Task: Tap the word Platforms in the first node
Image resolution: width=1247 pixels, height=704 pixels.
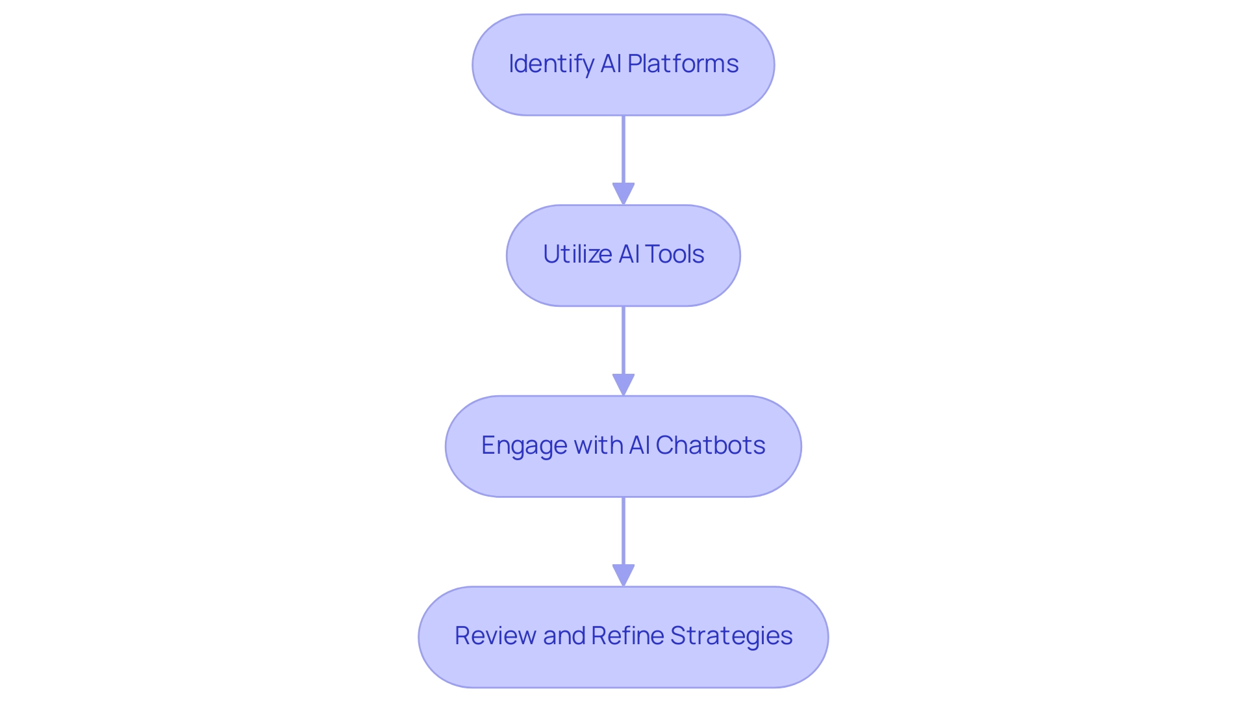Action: [x=683, y=64]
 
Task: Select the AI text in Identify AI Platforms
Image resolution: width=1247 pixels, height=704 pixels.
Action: [x=611, y=64]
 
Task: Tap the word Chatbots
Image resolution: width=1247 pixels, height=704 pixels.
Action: [x=710, y=445]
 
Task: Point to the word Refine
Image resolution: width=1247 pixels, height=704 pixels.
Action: [x=627, y=636]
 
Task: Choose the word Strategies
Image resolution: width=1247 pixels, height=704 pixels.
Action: [x=731, y=636]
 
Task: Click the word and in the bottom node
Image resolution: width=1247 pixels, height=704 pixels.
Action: [x=564, y=636]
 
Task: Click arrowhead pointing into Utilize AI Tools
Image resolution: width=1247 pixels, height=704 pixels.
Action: [x=623, y=194]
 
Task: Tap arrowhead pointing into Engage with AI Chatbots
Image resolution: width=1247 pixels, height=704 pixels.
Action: [x=623, y=384]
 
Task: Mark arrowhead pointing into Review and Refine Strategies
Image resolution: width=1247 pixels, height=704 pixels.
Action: [x=623, y=575]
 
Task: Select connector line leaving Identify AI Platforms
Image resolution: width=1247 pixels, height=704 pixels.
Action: [x=623, y=150]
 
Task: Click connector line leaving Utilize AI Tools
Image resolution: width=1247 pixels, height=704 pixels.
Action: [x=623, y=339]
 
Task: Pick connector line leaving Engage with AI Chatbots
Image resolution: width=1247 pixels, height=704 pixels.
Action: [x=623, y=530]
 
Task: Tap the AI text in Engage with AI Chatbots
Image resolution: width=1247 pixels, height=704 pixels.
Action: [x=639, y=445]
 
